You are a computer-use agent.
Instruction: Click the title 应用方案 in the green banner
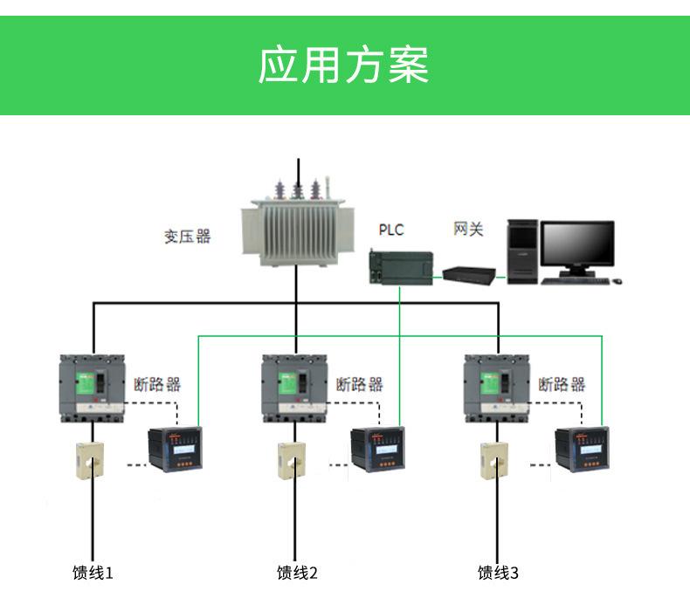pyautogui.click(x=344, y=65)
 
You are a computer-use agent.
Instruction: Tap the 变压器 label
pyautogui.click(x=188, y=237)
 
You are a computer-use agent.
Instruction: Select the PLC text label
pyautogui.click(x=391, y=230)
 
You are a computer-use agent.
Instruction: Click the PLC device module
pyautogui.click(x=400, y=265)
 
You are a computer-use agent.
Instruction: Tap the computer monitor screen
pyautogui.click(x=576, y=244)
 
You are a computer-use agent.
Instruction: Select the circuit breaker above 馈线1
pyautogui.click(x=92, y=388)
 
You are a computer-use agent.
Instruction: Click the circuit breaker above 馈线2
pyautogui.click(x=294, y=388)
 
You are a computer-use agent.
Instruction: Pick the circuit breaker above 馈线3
pyautogui.click(x=496, y=388)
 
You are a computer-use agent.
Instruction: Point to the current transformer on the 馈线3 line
pyautogui.click(x=493, y=460)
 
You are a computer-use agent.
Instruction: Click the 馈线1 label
pyautogui.click(x=93, y=573)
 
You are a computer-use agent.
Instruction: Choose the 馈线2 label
pyautogui.click(x=297, y=573)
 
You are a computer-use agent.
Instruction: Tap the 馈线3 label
pyautogui.click(x=498, y=573)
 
